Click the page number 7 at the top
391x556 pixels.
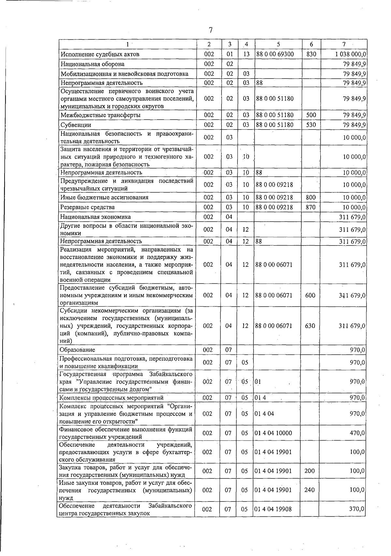pos(210,30)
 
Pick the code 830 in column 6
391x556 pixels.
pos(311,54)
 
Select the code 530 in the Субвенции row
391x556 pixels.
pos(311,125)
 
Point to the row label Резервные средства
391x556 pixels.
pos(88,207)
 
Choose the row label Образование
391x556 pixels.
pos(78,350)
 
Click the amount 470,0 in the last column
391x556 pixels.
pos(357,433)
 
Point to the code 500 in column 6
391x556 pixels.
pos(311,115)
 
